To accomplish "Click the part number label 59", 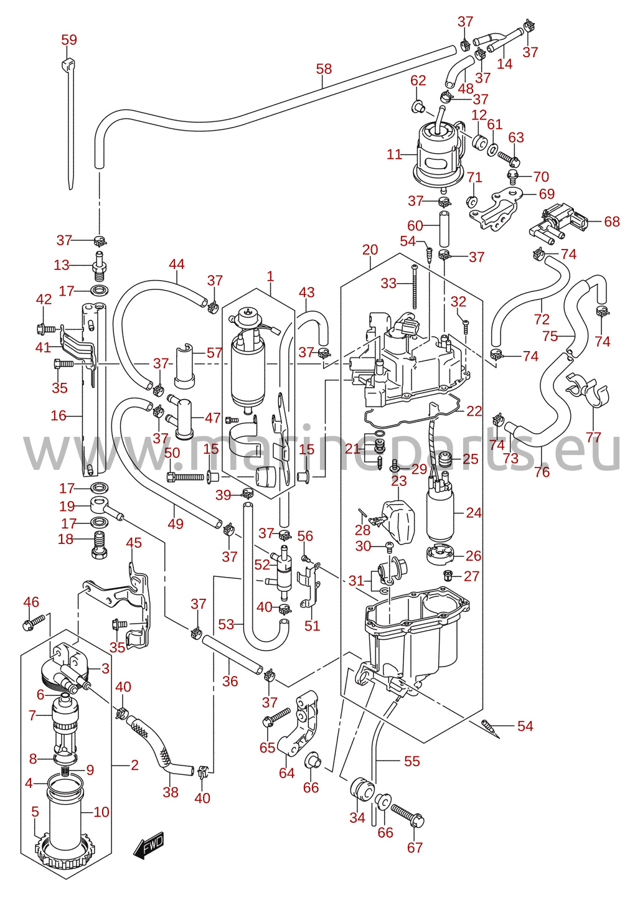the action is [69, 40].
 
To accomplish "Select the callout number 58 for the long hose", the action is [324, 68].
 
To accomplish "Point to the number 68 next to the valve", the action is [612, 222].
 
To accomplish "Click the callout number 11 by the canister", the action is [394, 154].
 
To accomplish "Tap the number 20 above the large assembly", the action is [370, 250].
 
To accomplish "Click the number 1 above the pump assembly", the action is [270, 277].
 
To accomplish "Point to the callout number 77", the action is [593, 437].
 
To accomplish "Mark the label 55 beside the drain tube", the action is [412, 761].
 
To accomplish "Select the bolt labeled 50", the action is [185, 477].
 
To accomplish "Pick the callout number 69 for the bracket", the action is [547, 194].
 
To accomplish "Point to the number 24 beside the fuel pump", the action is [474, 513].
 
